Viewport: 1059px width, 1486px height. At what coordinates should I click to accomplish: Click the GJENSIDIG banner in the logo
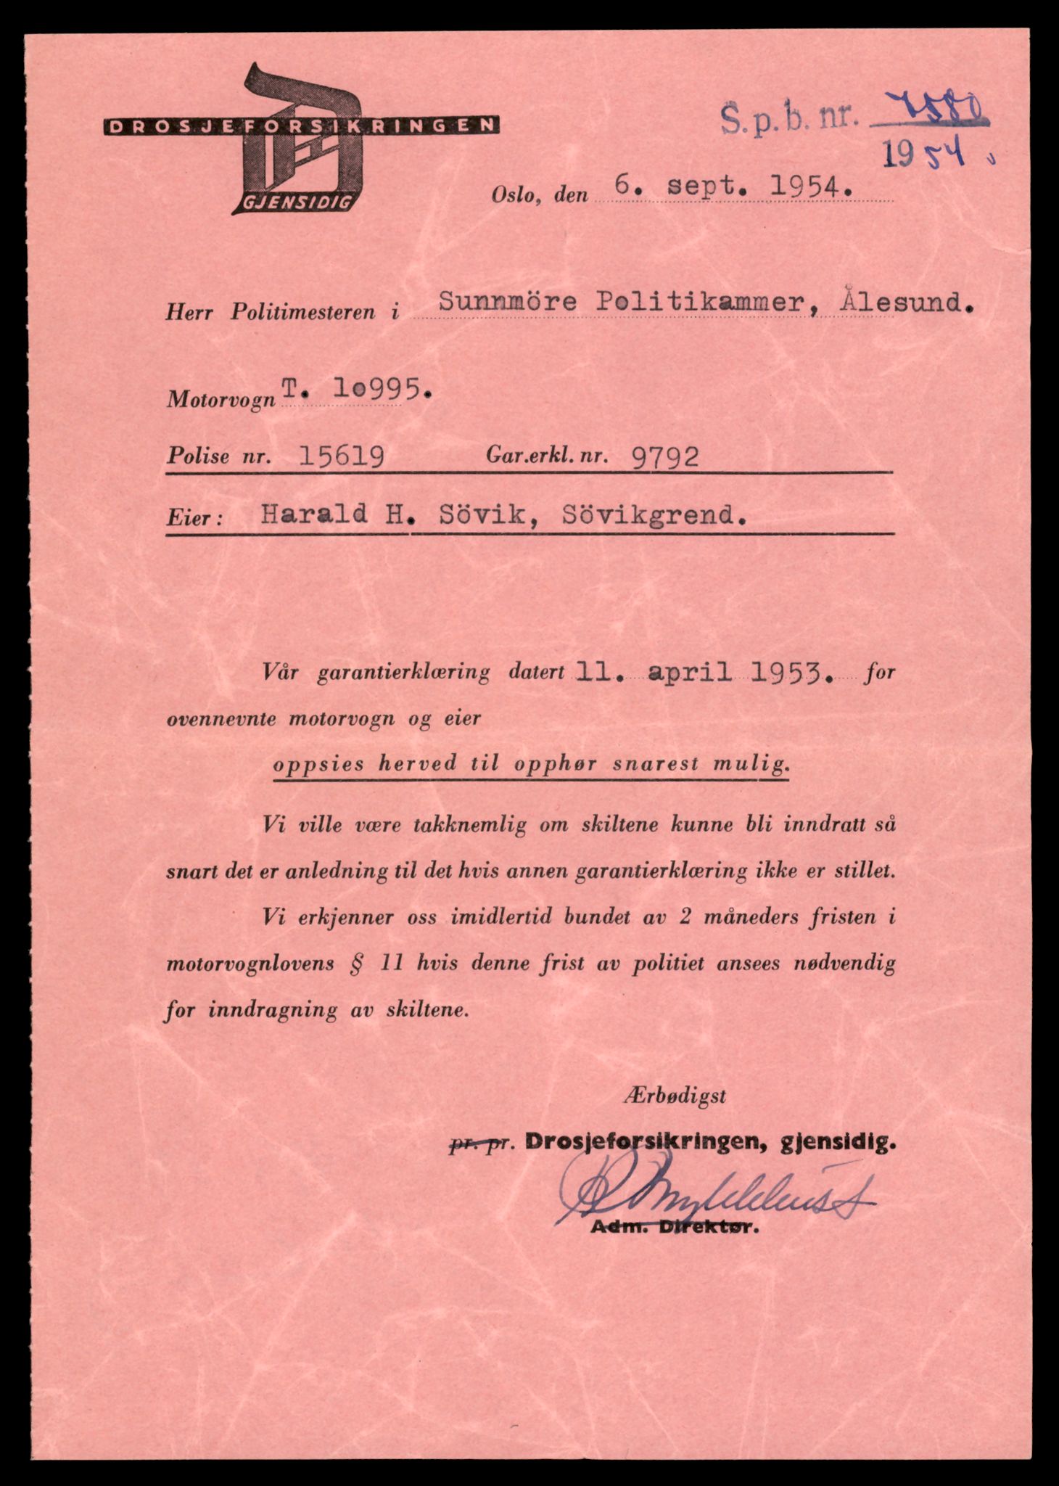point(293,202)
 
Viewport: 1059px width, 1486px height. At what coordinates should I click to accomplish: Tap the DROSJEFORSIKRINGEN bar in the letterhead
point(301,126)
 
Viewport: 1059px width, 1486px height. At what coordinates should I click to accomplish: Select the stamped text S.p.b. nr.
point(787,117)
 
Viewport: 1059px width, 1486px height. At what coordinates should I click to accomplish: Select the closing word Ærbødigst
point(673,1096)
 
